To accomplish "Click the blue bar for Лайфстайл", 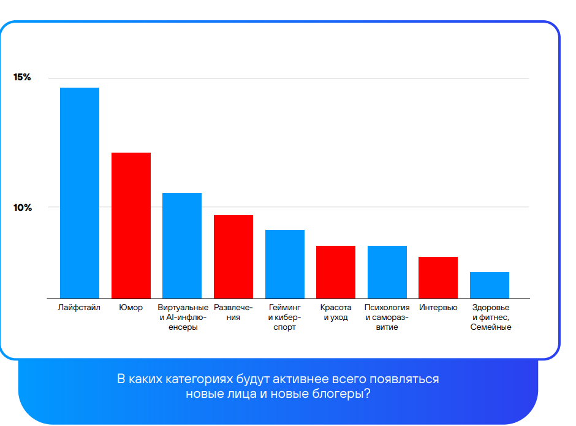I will coord(79,192).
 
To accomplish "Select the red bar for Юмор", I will coord(131,225).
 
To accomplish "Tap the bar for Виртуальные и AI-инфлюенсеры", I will coord(182,245).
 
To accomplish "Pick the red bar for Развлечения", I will coord(233,256).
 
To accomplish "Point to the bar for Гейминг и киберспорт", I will coord(285,264).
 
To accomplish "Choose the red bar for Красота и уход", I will coord(336,272).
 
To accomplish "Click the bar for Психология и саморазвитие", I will coord(387,272).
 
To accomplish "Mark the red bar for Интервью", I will coord(438,277).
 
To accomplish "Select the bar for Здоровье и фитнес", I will coord(490,285).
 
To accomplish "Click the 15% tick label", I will coord(22,77).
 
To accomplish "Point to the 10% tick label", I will coord(22,207).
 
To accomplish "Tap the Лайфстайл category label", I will coord(79,307).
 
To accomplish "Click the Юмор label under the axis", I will coord(131,307).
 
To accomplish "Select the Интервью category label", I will coord(438,307).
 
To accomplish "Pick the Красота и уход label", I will coord(336,312).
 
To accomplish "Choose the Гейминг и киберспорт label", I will coord(285,317).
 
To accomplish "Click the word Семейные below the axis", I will coord(491,327).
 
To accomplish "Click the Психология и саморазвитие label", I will coord(387,317).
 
